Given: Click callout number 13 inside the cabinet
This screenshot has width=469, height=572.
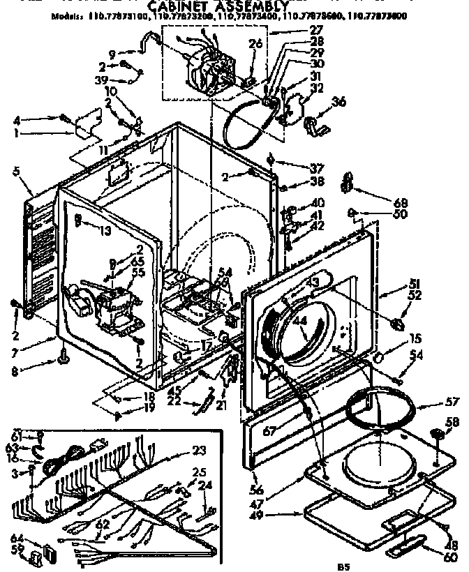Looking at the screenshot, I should coord(106,232).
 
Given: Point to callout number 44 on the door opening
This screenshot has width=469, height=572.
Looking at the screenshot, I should coord(301,322).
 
